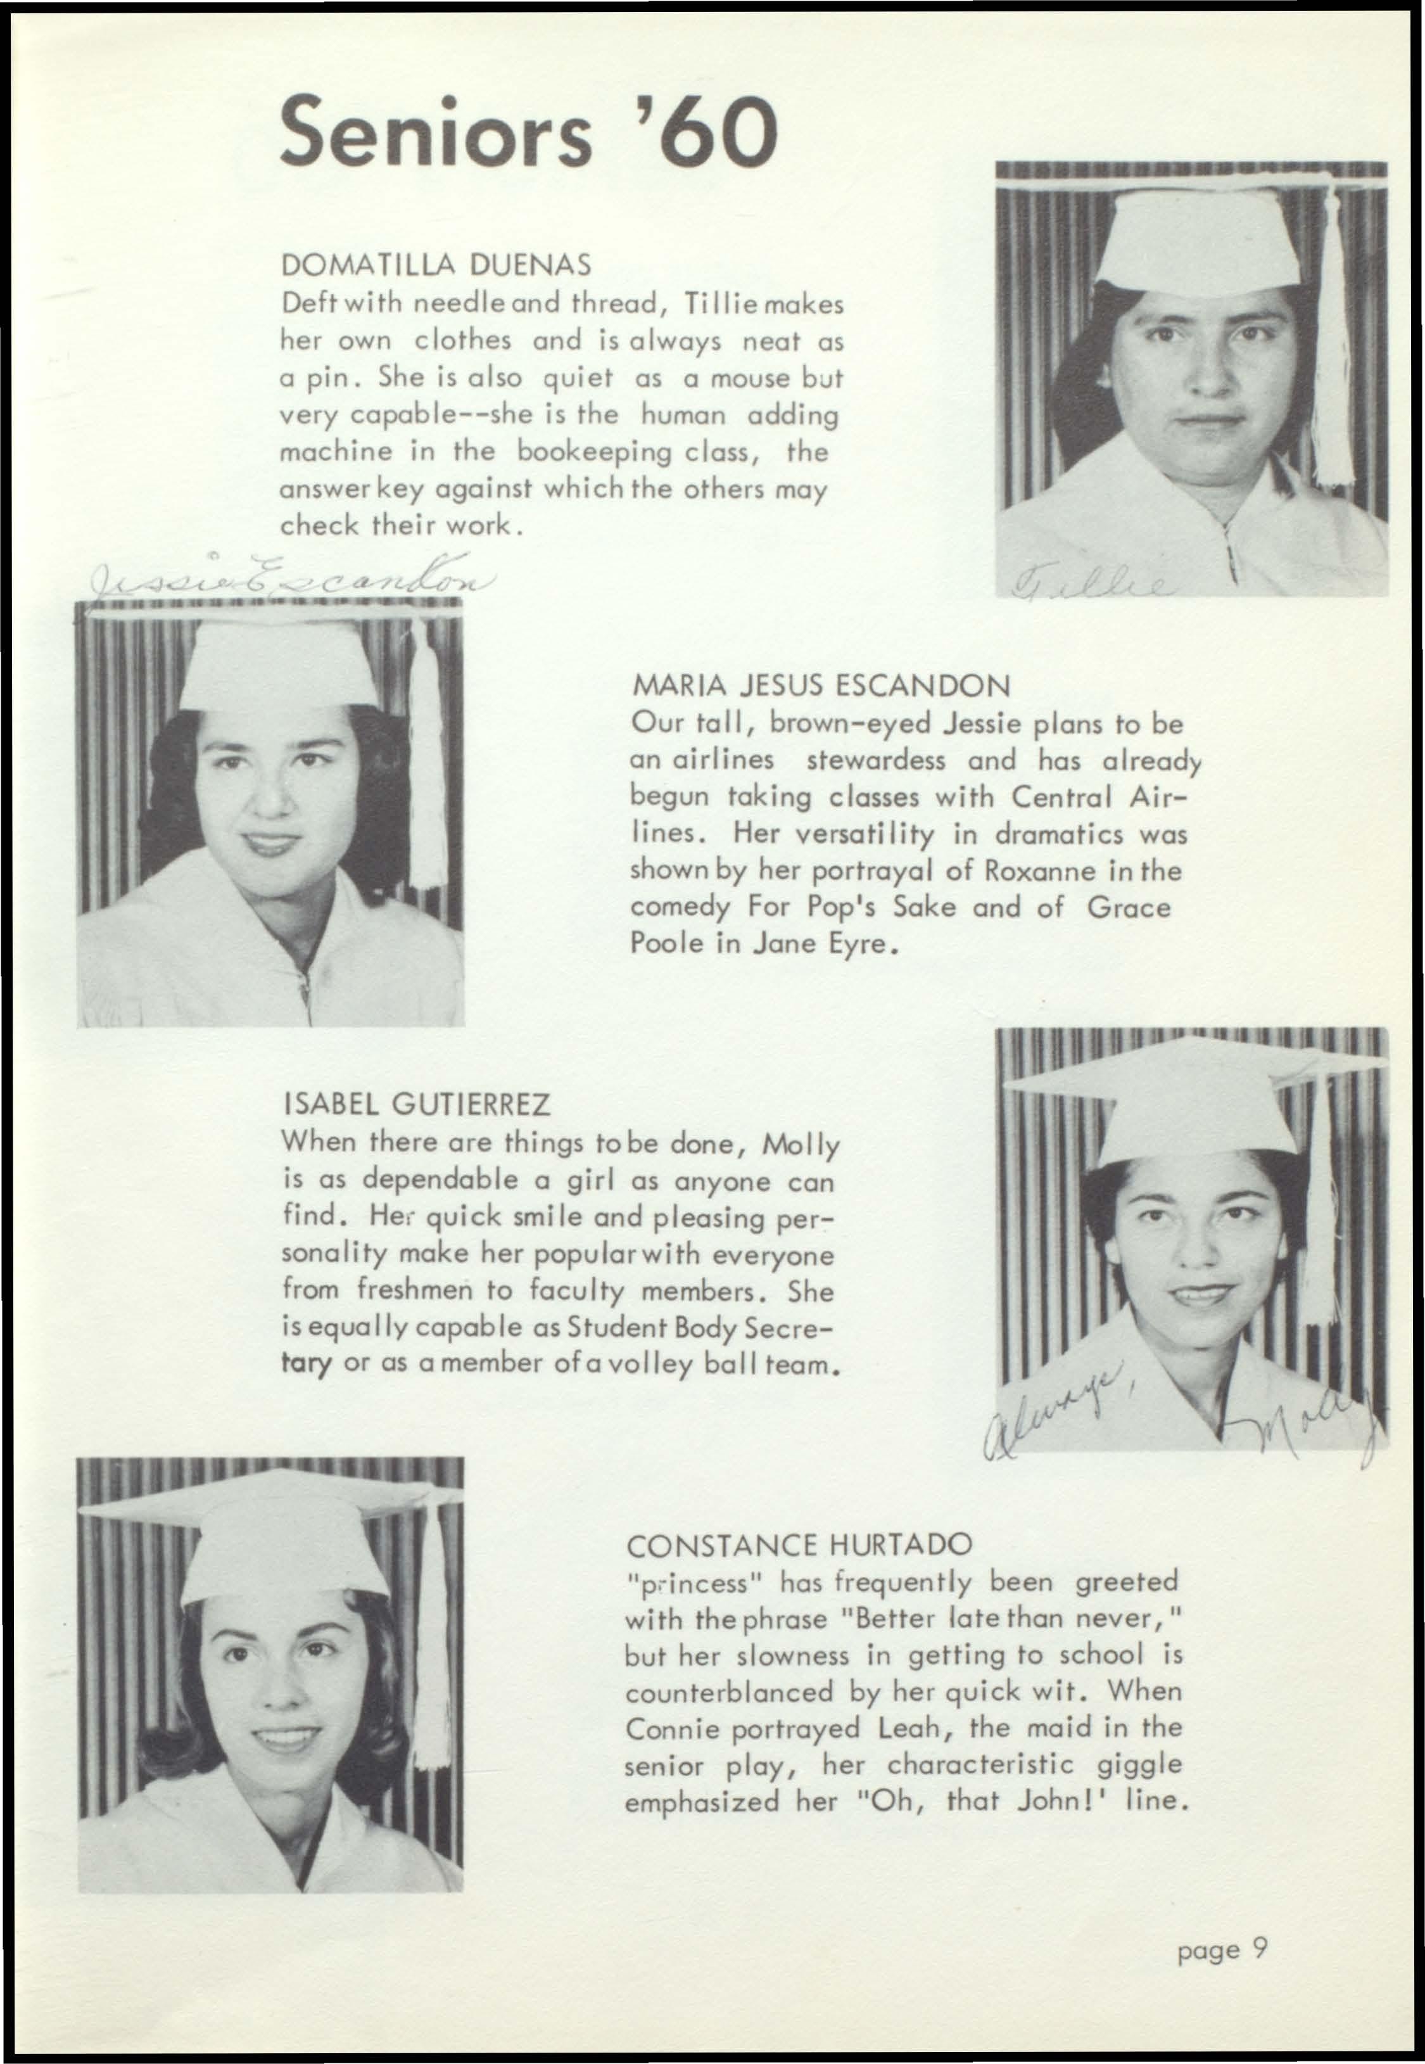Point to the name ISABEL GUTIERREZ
(416, 1105)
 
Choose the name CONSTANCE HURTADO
(799, 1545)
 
